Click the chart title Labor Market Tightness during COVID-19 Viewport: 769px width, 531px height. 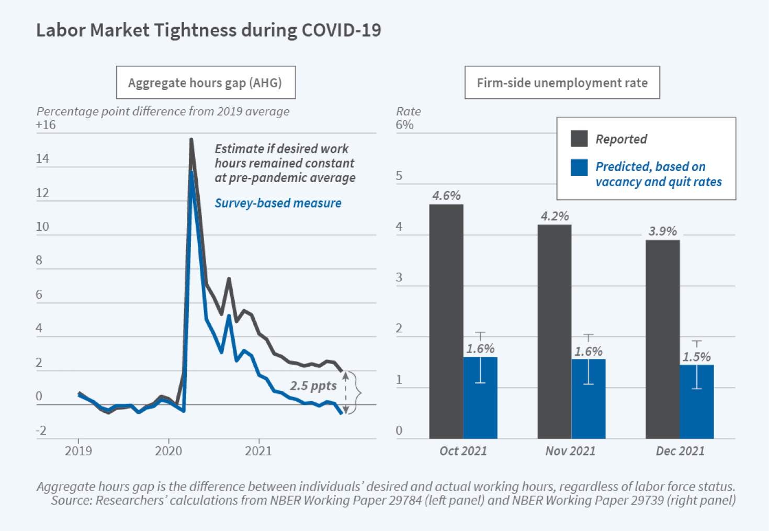tap(208, 30)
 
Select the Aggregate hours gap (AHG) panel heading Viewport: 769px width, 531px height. tap(205, 83)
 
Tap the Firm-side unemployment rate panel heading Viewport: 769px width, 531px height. tap(562, 83)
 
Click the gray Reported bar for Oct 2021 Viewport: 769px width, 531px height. tap(446, 321)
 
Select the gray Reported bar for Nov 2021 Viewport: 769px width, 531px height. tap(555, 332)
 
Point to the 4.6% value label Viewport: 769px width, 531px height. tap(446, 196)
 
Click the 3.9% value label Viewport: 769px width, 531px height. tap(662, 231)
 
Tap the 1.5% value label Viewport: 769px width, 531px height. tap(697, 357)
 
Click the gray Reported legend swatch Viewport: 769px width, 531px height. tap(579, 139)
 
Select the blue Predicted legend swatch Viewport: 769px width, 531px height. tap(579, 167)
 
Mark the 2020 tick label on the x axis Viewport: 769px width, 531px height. tap(168, 451)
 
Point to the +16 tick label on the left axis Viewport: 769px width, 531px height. tap(46, 125)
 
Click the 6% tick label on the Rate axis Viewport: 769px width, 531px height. tap(404, 125)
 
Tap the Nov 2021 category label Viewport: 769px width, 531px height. tap(570, 451)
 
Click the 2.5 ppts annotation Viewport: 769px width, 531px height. tap(313, 386)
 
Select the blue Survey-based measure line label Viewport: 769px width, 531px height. tap(278, 203)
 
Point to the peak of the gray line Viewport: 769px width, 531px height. tap(191, 140)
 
